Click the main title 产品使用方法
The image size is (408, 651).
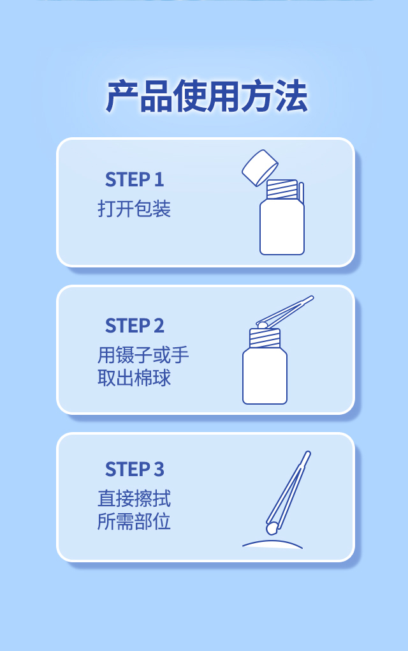point(207,96)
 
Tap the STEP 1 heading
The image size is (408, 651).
point(135,180)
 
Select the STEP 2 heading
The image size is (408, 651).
point(135,326)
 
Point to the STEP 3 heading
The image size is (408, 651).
point(135,470)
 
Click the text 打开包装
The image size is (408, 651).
point(134,209)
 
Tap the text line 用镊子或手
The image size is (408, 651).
point(143,355)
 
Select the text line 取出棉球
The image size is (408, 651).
point(134,378)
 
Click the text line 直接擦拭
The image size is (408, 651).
point(134,498)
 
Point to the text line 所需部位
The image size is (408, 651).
point(134,521)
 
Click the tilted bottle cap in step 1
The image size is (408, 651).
point(260,168)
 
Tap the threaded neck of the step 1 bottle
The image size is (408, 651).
point(282,190)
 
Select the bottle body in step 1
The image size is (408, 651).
point(282,227)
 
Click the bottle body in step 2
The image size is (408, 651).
point(265,376)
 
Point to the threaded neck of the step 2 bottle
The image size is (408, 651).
point(265,338)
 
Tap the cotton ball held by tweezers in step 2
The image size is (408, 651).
point(262,325)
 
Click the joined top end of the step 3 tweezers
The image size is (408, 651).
point(307,453)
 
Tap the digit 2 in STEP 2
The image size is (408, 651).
point(159,326)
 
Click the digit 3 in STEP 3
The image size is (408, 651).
point(159,470)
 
